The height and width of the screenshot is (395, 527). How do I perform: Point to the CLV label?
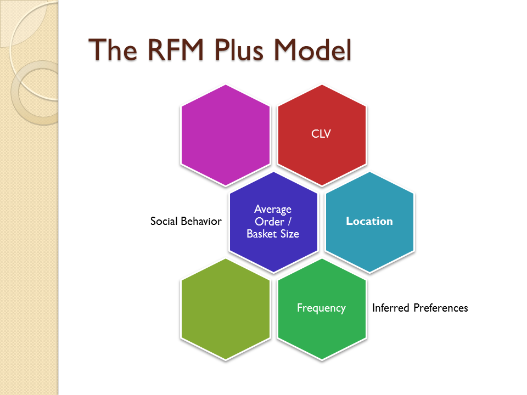[321, 134]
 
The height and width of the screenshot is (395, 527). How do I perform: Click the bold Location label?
[369, 221]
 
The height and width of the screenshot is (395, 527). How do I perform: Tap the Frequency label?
[321, 308]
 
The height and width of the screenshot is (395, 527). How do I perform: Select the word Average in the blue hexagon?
[273, 210]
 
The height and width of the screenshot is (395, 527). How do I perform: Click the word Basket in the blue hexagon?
[261, 234]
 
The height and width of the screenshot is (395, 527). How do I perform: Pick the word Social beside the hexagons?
[164, 222]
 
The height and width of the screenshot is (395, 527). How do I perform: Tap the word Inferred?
[390, 308]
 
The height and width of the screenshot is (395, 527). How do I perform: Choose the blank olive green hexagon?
[226, 309]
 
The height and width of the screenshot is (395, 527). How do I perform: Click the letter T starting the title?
[97, 51]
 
